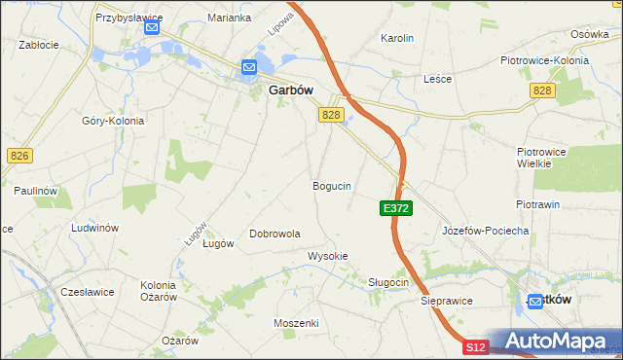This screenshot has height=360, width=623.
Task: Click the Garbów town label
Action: coord(289,90)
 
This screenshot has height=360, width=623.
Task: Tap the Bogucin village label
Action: coord(331,185)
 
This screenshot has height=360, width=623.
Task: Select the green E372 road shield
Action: coord(397,208)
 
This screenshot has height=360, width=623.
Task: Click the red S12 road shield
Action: coord(474,347)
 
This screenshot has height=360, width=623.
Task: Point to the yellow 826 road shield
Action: coord(18,156)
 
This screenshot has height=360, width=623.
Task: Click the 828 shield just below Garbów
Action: coord(331,115)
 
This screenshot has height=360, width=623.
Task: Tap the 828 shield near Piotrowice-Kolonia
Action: coord(542,90)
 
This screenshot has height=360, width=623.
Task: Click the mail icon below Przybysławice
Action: coord(151,28)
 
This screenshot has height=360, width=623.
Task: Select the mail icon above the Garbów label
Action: coord(248,67)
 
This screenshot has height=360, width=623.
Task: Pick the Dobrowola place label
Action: coord(275,234)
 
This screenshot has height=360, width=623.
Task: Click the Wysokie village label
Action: coord(327,256)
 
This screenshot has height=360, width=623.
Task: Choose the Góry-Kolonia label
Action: coord(113,122)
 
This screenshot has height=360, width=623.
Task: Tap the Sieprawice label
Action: coord(447,301)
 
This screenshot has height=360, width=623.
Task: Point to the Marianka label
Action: coord(230,18)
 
